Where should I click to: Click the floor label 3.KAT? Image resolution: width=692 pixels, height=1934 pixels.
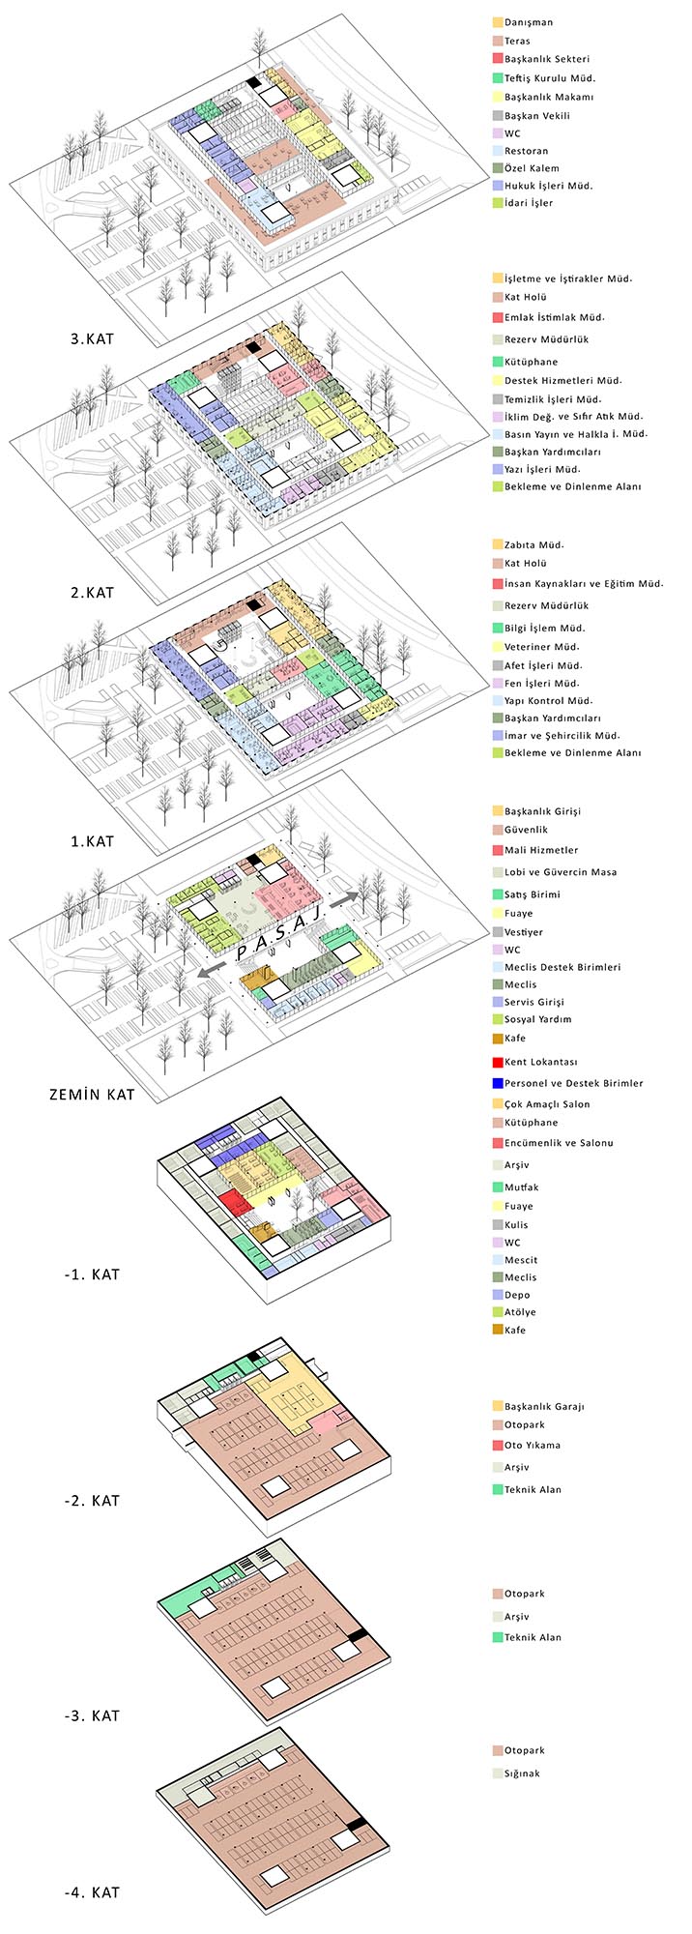pos(85,339)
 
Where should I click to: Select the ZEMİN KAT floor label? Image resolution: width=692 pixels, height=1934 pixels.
pos(92,1095)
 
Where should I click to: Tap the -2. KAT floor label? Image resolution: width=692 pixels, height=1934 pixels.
pos(87,1500)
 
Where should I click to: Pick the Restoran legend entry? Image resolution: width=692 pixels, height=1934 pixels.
pos(527,151)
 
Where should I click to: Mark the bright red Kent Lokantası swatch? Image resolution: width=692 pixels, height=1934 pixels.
pos(497,1062)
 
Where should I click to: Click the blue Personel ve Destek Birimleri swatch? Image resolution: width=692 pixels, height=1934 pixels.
pos(497,1083)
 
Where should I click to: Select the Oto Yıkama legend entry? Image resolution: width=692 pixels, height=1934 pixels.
pos(533,1445)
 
